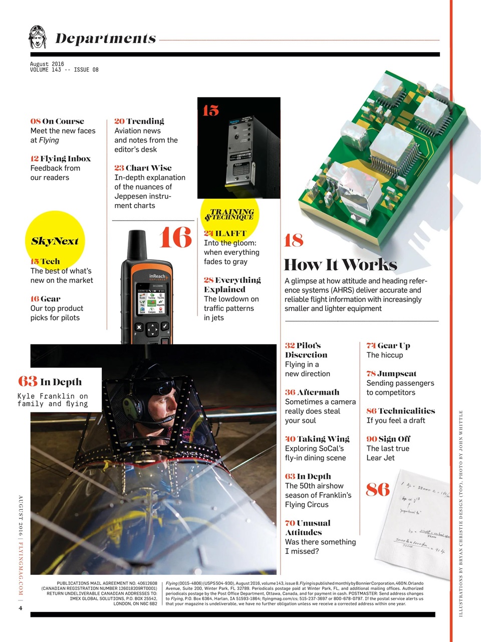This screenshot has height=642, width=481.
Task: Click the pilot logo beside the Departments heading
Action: coord(38,37)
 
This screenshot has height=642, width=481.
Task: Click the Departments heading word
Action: coord(106,39)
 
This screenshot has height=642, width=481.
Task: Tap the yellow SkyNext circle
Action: coord(55,240)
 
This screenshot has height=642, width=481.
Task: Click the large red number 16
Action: coord(175,237)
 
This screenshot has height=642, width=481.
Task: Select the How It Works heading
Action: coord(340,264)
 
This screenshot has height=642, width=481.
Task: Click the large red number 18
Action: coord(294,241)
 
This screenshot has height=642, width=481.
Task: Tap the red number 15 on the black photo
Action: coord(210,110)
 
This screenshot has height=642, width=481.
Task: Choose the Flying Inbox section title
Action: coord(61,158)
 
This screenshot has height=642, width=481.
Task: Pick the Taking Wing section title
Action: coord(317,439)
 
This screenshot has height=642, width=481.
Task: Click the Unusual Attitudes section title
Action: coord(307,528)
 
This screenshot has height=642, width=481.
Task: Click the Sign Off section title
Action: coord(388,439)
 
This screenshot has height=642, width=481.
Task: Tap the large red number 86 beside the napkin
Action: coord(377,489)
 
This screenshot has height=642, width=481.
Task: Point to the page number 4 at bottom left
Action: coord(21,608)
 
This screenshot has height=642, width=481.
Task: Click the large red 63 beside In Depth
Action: coord(28,382)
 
